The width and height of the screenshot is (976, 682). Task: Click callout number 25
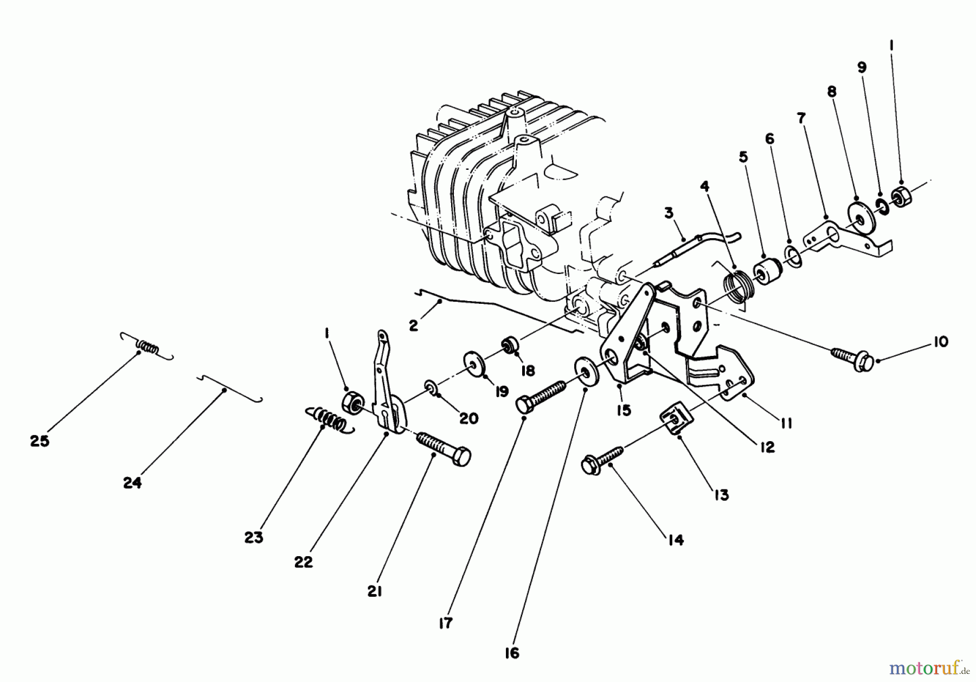[40, 441]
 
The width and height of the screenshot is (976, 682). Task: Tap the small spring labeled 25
[147, 346]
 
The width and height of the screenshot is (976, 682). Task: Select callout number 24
[132, 482]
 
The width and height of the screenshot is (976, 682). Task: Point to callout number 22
[304, 562]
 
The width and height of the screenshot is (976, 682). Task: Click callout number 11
[786, 423]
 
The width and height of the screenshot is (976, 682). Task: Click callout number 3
[669, 213]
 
